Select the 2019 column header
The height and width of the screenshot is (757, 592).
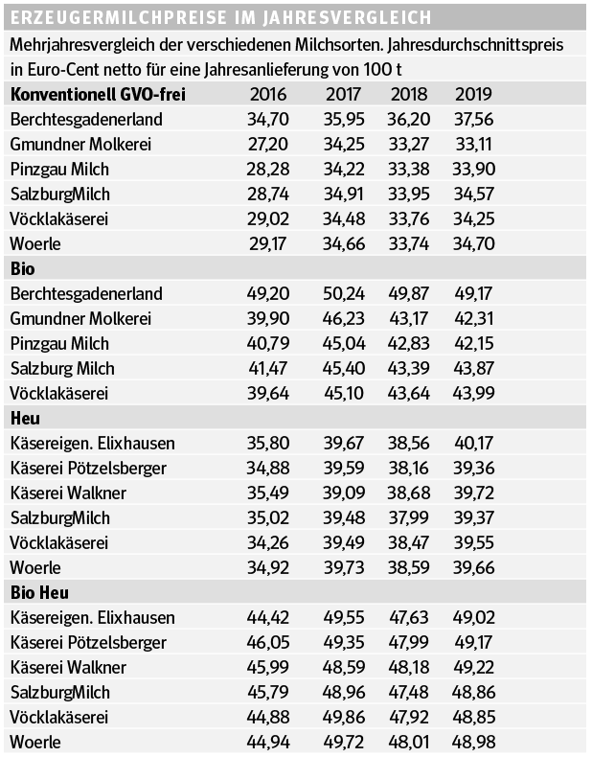(473, 93)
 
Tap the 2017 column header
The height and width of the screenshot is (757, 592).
(343, 93)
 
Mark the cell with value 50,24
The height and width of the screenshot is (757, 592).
(343, 293)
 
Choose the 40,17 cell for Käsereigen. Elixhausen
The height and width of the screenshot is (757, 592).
(473, 444)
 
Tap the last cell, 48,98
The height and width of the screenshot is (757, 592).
(473, 742)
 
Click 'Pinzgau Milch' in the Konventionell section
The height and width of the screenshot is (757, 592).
(59, 169)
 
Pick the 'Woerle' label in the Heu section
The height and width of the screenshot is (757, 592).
(35, 567)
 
